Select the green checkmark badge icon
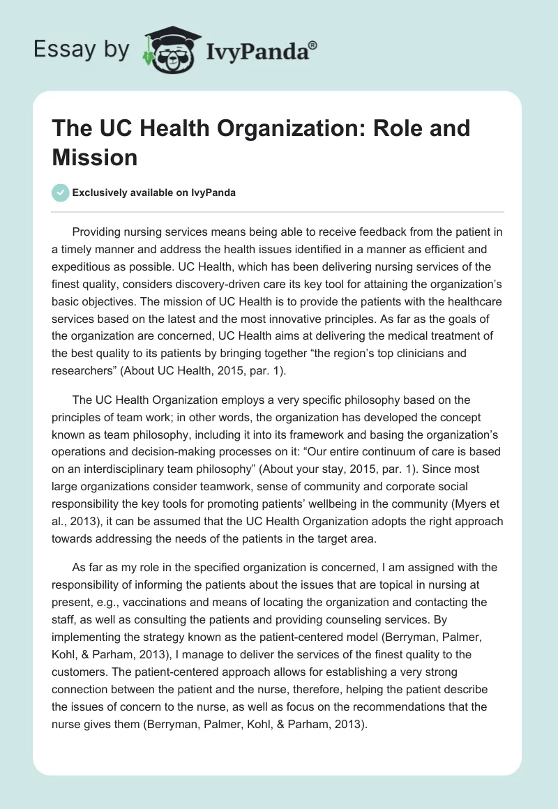coord(61,192)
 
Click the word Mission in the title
coord(95,157)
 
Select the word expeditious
coord(82,266)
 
